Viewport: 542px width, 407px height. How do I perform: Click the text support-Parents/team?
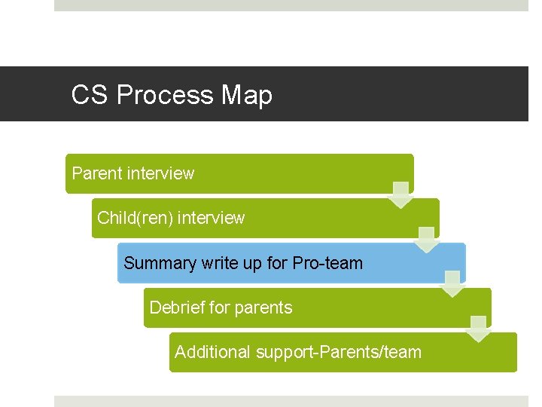click(339, 352)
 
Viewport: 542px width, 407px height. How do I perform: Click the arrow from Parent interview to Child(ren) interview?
click(400, 194)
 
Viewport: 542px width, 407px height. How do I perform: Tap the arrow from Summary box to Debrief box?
click(452, 283)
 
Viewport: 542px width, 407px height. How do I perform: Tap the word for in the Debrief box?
click(218, 308)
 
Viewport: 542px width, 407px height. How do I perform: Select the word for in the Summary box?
click(277, 263)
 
